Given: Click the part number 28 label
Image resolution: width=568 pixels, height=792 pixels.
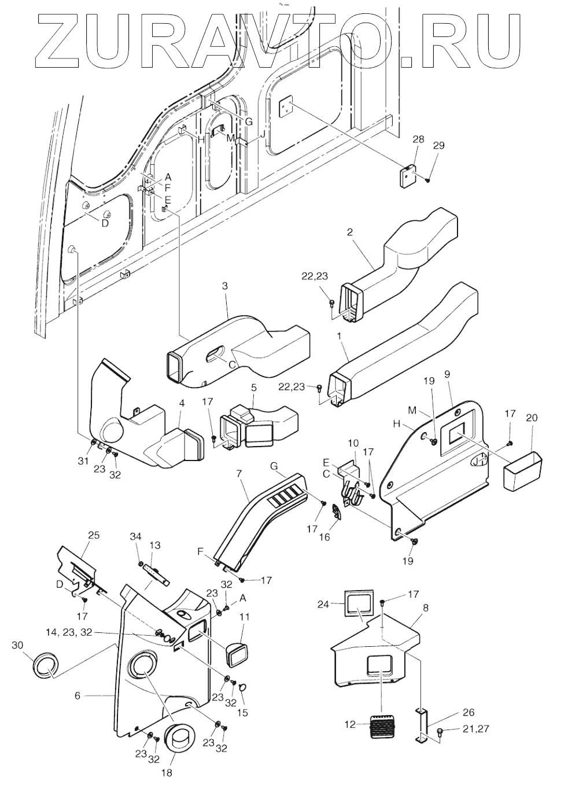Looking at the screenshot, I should coord(418,139).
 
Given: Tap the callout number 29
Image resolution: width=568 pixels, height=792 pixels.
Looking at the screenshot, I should coord(439,145).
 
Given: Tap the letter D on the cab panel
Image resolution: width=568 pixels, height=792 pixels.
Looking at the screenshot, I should coord(105,223).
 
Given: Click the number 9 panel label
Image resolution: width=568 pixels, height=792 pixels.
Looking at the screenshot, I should coord(447,391).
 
